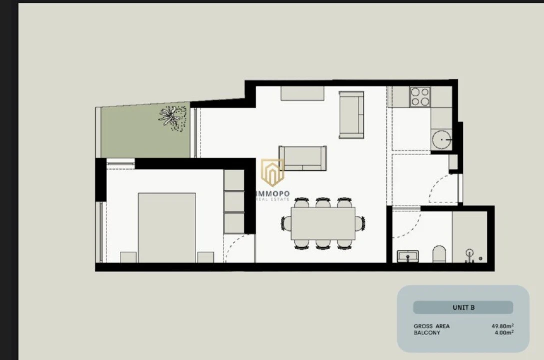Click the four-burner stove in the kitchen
(420, 97)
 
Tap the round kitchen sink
(441, 140)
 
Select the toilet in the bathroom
(439, 254)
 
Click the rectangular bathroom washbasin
(408, 256)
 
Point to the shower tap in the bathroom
(470, 255)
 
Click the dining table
(323, 224)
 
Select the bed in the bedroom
(167, 228)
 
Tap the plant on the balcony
(173, 118)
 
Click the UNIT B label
(463, 308)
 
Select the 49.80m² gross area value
(503, 326)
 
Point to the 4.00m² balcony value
(504, 333)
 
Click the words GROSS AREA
(431, 326)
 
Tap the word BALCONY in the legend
(427, 333)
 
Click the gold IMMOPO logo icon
(273, 172)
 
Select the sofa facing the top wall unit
(303, 158)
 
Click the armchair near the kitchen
(352, 115)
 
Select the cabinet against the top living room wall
(303, 93)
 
